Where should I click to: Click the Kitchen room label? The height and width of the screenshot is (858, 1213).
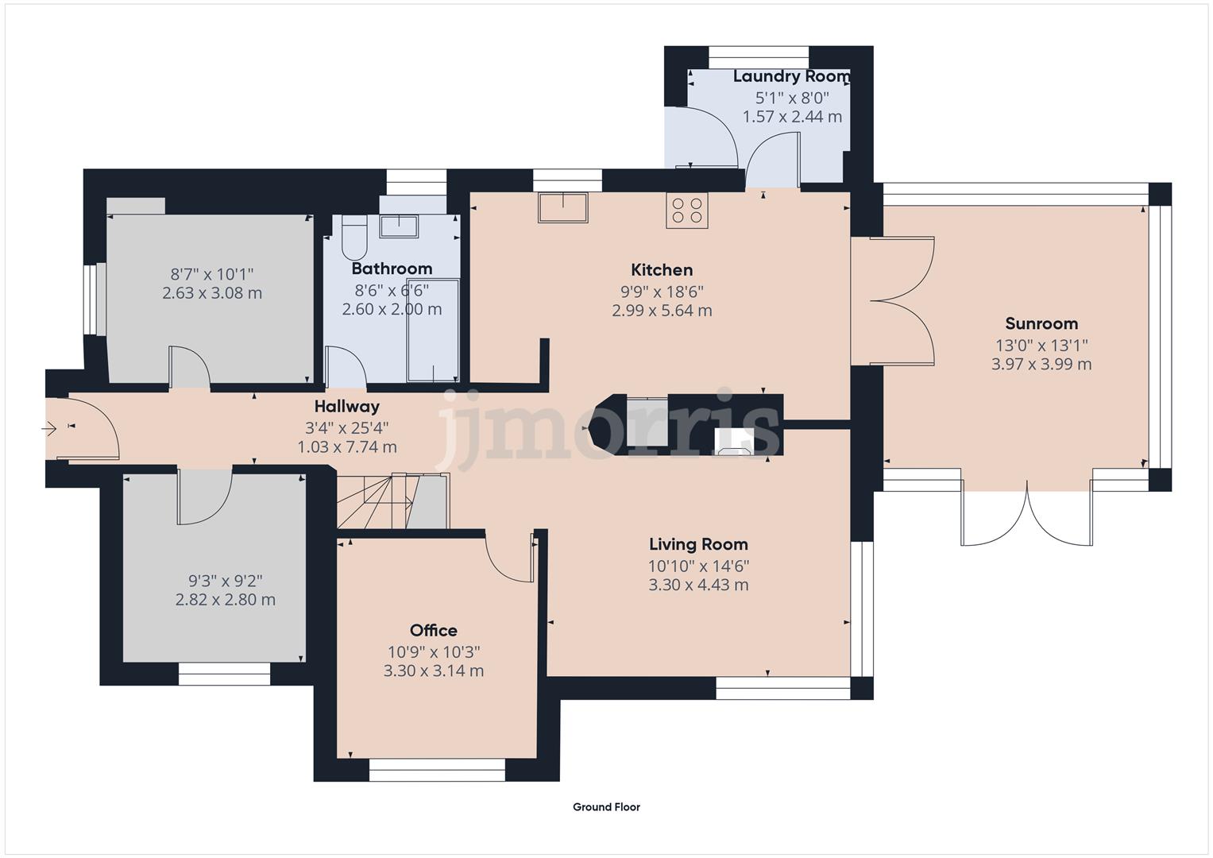pos(662,270)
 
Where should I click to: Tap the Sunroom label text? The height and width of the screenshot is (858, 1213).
pos(1041,323)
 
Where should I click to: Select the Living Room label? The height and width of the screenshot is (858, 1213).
pos(698,544)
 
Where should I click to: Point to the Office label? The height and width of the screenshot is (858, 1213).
pos(433,630)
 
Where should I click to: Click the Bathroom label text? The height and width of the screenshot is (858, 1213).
pos(392,269)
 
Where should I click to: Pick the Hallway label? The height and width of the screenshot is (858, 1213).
pos(347,406)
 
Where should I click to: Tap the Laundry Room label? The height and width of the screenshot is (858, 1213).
pos(792,77)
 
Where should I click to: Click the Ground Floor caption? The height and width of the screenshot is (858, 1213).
pos(607,807)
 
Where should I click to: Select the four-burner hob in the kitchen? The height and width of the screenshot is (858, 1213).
pos(686,211)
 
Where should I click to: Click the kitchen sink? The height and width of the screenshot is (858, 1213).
pos(562,207)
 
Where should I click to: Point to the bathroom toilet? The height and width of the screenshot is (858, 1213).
pos(354,238)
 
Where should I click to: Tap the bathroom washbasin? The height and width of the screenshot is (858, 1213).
pos(399,226)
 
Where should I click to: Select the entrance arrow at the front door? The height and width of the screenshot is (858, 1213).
pos(48,429)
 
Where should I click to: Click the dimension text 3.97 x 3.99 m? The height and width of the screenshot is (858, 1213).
pos(1041,364)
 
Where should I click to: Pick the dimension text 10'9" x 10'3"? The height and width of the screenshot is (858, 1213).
pos(433,652)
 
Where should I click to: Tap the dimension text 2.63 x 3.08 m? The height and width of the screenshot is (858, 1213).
pos(212,293)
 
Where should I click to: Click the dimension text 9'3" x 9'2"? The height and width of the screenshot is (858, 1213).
pos(226,582)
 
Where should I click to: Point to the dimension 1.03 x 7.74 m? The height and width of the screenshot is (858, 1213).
pos(347,446)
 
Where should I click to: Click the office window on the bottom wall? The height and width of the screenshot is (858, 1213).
pos(437,770)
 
